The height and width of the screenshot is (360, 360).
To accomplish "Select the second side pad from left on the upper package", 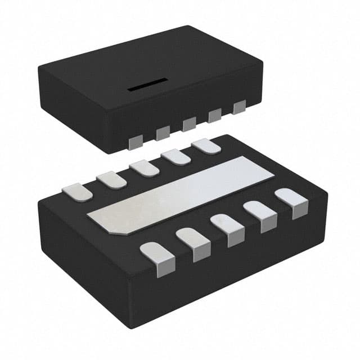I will tap(163, 133).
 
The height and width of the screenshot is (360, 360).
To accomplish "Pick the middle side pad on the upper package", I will tap(188, 124).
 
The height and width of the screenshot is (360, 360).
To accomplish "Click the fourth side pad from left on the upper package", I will tap(215, 115).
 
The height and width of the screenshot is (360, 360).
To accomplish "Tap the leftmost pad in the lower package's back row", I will tap(78, 192).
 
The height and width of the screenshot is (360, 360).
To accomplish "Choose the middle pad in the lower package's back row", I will tap(145, 168).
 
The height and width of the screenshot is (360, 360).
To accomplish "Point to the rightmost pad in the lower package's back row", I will tap(206, 146).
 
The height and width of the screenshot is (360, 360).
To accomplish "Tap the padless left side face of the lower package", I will tap(84, 253).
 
